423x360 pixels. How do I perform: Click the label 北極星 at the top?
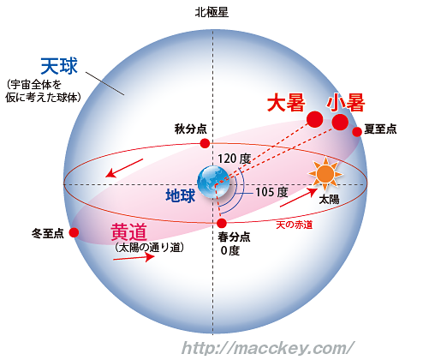(x=211, y=13)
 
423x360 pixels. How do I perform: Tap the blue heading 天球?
(x=59, y=66)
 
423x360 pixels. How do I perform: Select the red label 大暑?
(x=286, y=103)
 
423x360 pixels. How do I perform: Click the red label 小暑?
(x=346, y=103)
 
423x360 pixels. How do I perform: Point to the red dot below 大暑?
(x=314, y=119)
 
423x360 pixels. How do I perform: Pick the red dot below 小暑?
(x=340, y=122)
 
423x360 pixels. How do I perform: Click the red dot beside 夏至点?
(x=357, y=132)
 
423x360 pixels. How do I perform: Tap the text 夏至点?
(x=380, y=129)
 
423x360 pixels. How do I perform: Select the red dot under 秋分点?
(x=205, y=143)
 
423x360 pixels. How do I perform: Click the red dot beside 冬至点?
(x=74, y=232)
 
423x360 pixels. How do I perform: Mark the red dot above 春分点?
(x=222, y=223)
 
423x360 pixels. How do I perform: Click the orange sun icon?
(x=325, y=173)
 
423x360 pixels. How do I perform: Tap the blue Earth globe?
(x=213, y=182)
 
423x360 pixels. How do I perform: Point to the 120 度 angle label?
(x=234, y=159)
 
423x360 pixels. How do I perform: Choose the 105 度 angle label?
(x=271, y=192)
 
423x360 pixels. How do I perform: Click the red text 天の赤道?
(x=294, y=225)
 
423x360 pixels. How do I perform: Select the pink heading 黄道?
(x=129, y=231)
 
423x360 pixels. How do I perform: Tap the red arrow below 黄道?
(x=134, y=257)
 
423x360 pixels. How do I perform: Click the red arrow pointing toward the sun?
(x=299, y=197)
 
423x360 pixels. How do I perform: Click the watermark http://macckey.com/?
(x=268, y=348)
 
